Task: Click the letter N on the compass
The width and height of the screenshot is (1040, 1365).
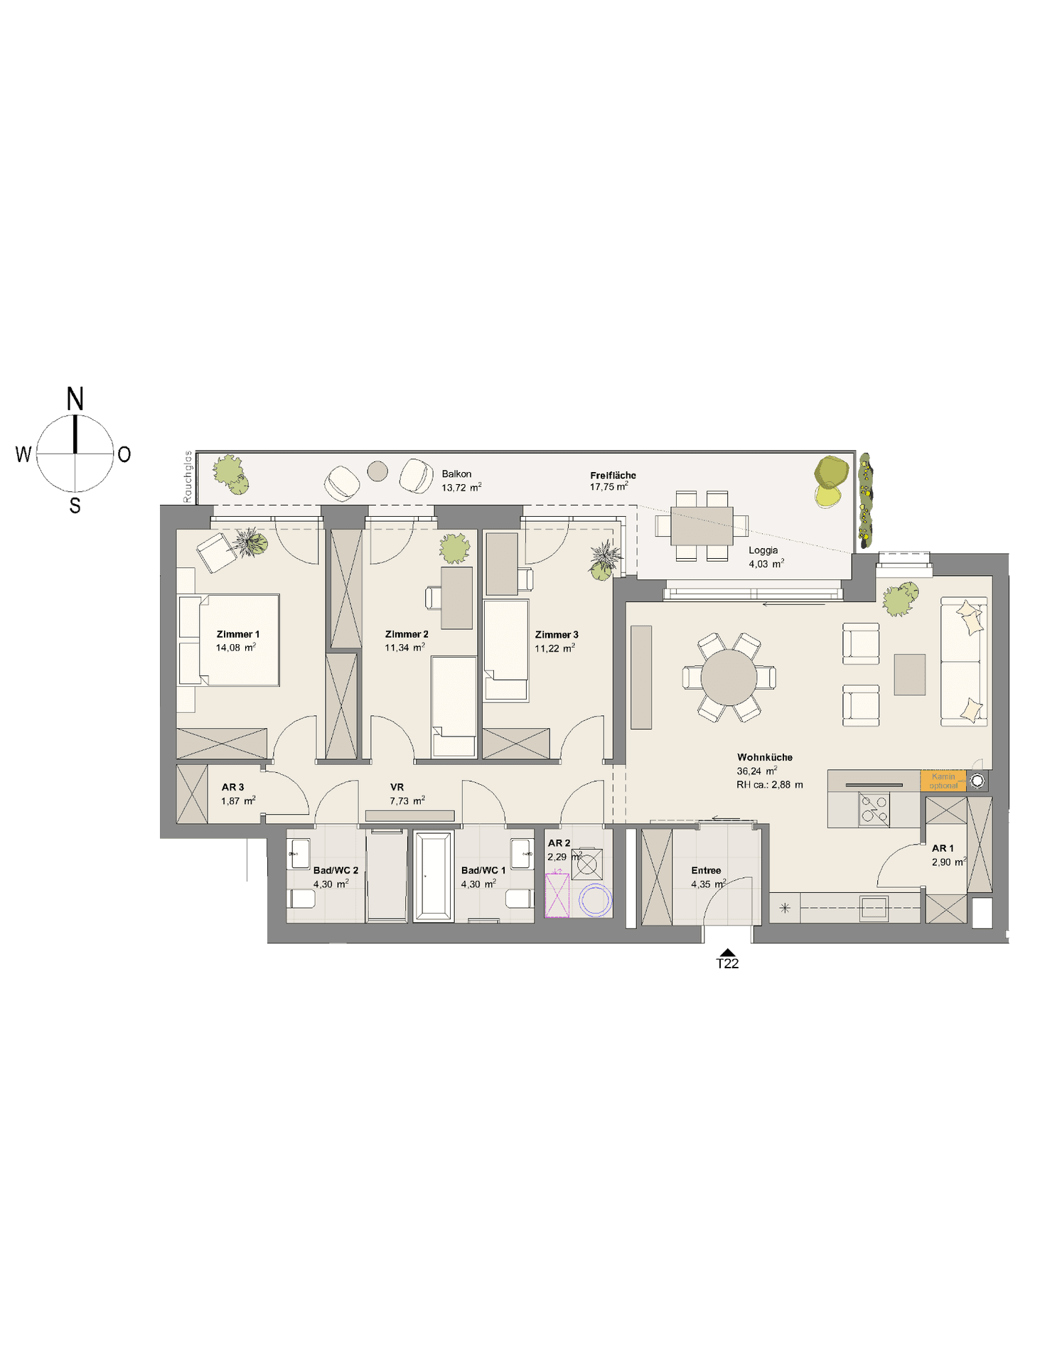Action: [75, 399]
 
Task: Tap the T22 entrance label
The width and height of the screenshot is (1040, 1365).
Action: [727, 964]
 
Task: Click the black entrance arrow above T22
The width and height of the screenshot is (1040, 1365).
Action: [727, 953]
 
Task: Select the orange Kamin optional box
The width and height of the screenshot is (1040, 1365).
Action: [943, 781]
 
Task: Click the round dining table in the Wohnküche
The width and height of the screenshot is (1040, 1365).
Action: [729, 677]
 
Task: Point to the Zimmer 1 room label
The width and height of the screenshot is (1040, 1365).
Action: [238, 634]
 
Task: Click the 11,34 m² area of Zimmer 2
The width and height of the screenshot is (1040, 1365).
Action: [404, 648]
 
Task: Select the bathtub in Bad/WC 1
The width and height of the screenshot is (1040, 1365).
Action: [434, 876]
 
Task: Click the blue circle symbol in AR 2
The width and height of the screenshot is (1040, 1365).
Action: [595, 900]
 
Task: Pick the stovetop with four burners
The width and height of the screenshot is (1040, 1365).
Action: [874, 809]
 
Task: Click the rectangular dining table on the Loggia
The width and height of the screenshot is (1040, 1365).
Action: [702, 525]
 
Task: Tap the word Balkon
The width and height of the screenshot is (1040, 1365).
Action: [456, 474]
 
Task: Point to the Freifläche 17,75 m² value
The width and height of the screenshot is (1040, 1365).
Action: [609, 487]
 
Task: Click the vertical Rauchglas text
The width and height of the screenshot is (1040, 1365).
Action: [188, 477]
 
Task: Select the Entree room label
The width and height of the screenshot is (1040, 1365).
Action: [706, 870]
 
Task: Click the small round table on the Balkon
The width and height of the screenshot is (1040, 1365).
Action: [377, 471]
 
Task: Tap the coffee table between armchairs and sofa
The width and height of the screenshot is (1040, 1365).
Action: [910, 675]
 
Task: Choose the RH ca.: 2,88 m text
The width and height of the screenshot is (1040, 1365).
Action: [770, 785]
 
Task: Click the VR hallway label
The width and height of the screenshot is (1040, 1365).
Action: [397, 787]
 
